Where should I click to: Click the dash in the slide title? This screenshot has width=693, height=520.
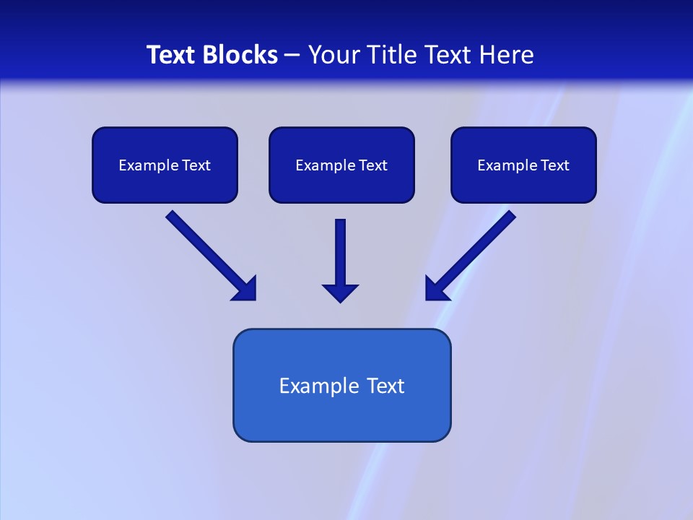pos(292,56)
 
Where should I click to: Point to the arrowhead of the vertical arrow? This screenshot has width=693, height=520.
pos(340,292)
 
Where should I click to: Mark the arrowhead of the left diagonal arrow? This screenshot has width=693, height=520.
pos(246,290)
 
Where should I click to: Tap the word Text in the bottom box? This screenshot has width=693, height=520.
pos(385,386)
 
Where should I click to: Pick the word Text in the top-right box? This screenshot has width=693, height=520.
pos(555,165)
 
